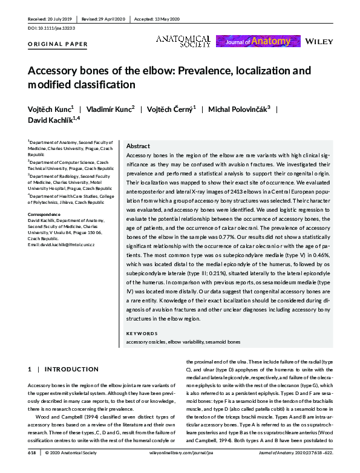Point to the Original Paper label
tap(57, 44)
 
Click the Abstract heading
tap(138, 146)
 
